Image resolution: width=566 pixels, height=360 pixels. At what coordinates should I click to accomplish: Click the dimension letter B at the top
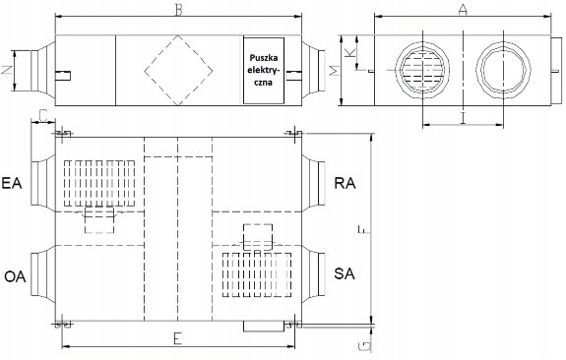pos(179,10)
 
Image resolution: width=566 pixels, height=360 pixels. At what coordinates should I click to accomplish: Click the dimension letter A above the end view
pos(463,10)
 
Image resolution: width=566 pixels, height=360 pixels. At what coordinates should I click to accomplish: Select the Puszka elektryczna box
pos(264,71)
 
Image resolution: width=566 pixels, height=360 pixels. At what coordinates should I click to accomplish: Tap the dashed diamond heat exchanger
pos(178,71)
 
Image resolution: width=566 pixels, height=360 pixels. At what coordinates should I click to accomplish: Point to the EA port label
pos(12,183)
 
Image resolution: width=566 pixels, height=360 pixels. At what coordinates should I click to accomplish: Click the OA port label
pos(15,276)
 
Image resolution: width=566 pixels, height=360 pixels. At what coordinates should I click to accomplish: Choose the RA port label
pos(345,183)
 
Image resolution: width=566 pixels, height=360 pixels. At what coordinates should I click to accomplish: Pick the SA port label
pos(345,273)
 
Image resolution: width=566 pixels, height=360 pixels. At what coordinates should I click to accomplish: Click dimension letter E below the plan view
pos(177,339)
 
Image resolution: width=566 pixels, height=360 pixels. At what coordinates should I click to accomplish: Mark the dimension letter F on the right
pos(362,229)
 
